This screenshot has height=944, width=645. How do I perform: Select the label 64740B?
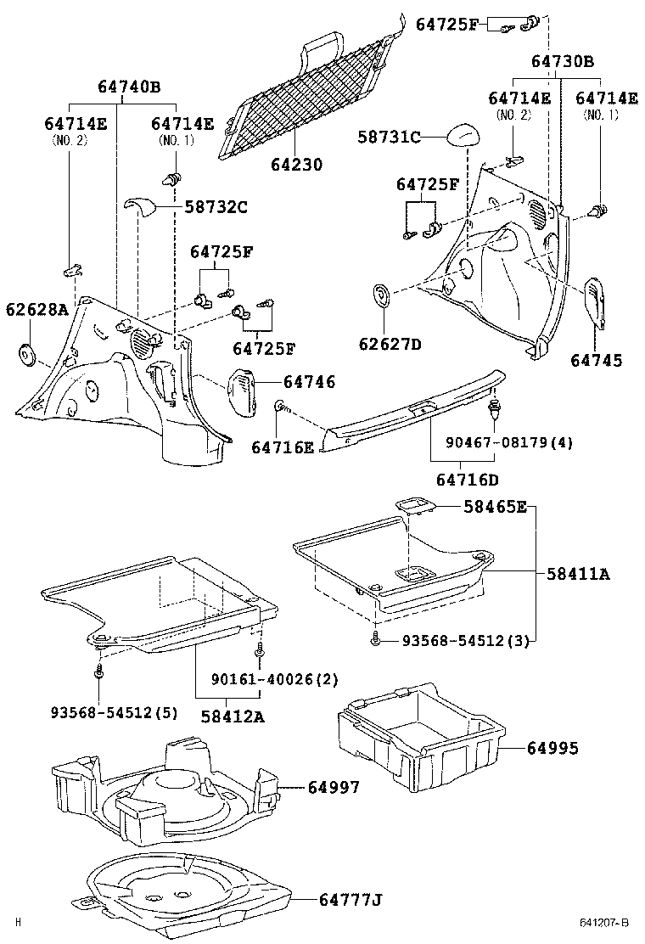point(128,87)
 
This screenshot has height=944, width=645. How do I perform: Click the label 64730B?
point(563,61)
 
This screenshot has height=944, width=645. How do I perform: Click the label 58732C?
point(216,205)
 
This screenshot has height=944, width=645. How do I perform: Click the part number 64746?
point(309,383)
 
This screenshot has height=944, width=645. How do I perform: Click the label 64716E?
point(282,447)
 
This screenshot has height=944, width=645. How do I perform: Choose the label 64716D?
point(468,480)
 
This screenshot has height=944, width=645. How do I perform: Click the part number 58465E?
point(495,507)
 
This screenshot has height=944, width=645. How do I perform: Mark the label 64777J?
point(351,899)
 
